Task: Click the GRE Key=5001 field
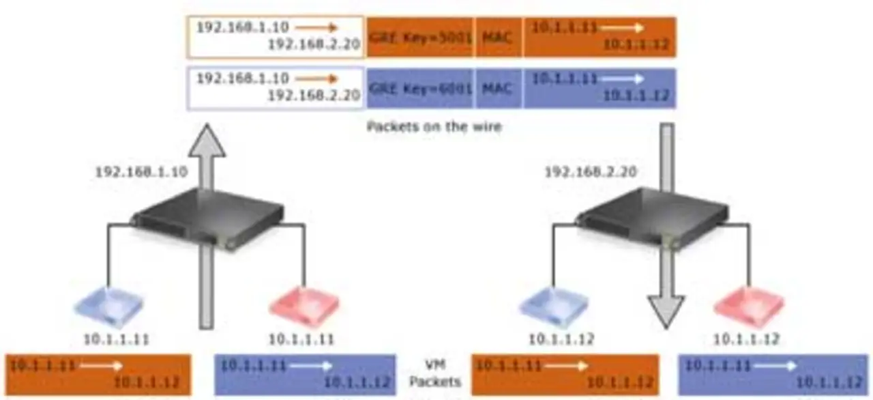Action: point(419,37)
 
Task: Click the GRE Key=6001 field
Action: point(419,89)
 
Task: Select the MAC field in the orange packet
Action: point(498,37)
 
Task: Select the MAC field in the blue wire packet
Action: point(498,89)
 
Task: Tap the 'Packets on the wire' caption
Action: point(434,126)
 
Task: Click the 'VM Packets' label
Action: point(434,374)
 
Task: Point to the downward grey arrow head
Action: point(666,311)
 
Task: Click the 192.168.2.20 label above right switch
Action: point(591,172)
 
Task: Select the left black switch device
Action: point(198,220)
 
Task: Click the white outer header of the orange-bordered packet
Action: point(276,37)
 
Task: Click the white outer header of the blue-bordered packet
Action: point(276,89)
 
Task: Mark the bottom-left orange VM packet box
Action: point(98,374)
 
